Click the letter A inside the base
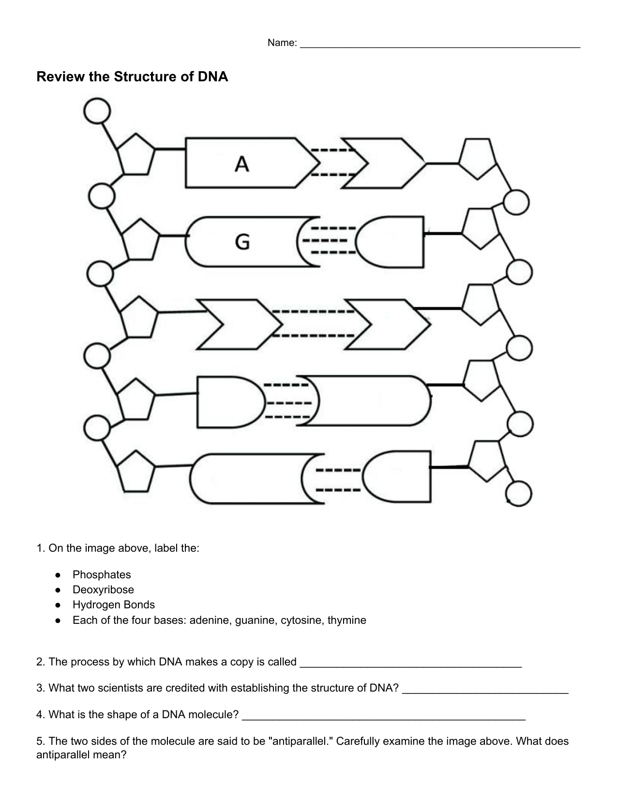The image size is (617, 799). [242, 164]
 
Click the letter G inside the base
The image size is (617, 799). [242, 241]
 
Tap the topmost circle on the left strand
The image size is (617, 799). [97, 111]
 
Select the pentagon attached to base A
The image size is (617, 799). [136, 155]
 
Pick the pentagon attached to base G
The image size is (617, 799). [140, 239]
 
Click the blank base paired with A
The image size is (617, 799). [382, 164]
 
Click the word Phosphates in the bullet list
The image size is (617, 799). [102, 574]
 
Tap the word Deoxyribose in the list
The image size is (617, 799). [103, 589]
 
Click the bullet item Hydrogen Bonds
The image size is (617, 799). [114, 604]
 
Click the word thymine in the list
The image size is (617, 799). [346, 620]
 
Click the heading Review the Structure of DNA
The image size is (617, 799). [132, 77]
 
